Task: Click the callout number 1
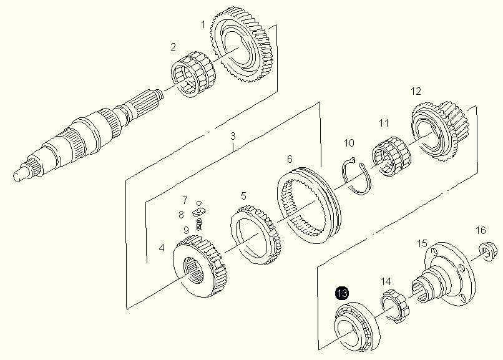(x=203, y=25)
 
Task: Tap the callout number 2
(x=173, y=47)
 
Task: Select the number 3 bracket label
(x=233, y=136)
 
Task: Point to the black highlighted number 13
(x=342, y=293)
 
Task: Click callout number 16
(x=481, y=230)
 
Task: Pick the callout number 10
(x=349, y=143)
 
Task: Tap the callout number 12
(x=416, y=91)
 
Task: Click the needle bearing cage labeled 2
(x=193, y=74)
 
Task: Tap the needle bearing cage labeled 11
(x=392, y=156)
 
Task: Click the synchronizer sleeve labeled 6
(x=308, y=205)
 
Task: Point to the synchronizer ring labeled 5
(x=256, y=235)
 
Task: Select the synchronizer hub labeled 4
(x=200, y=266)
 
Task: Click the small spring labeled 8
(x=199, y=224)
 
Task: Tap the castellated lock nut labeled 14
(x=394, y=306)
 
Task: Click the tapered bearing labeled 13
(x=357, y=326)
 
